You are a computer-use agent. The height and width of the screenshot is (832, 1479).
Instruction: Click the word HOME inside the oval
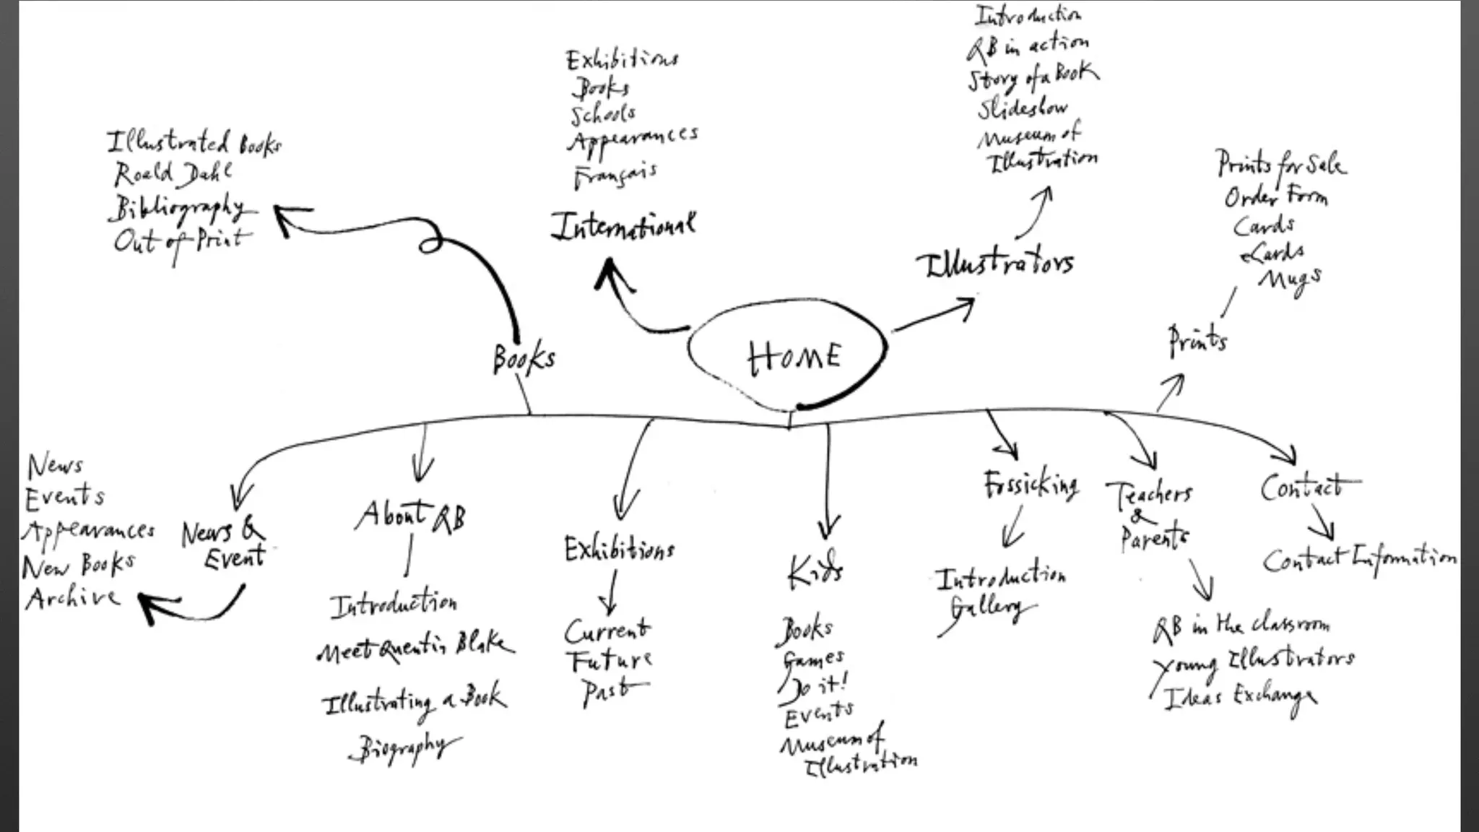coord(794,357)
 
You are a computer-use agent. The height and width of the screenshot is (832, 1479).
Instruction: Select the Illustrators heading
coord(996,264)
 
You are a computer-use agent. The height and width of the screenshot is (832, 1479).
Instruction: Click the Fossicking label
coord(1031,485)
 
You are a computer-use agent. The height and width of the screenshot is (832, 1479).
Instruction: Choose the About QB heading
coord(411,517)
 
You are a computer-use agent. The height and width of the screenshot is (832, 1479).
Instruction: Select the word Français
coord(615,175)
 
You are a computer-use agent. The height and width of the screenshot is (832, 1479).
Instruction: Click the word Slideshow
coord(1023,109)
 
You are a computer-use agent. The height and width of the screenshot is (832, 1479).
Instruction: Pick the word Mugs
coord(1291,279)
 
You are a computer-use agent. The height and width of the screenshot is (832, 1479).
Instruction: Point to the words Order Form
coord(1275,196)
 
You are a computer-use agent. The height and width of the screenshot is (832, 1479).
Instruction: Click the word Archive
coord(72,598)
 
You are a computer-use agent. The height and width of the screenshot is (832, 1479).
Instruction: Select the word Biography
coord(404,747)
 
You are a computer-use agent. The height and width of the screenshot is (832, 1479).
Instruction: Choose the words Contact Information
coord(1358,560)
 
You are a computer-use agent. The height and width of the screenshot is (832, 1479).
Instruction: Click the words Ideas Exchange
coord(1239,698)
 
